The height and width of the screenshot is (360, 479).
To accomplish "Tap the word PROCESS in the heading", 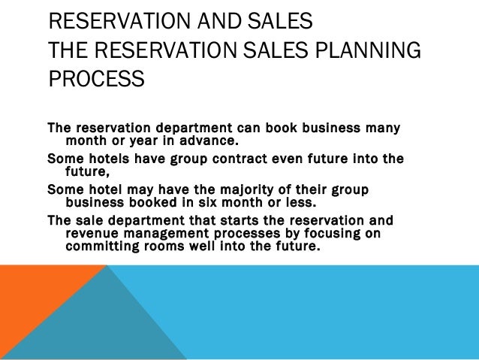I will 96,79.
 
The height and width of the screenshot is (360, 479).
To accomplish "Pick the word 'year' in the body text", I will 140,140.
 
